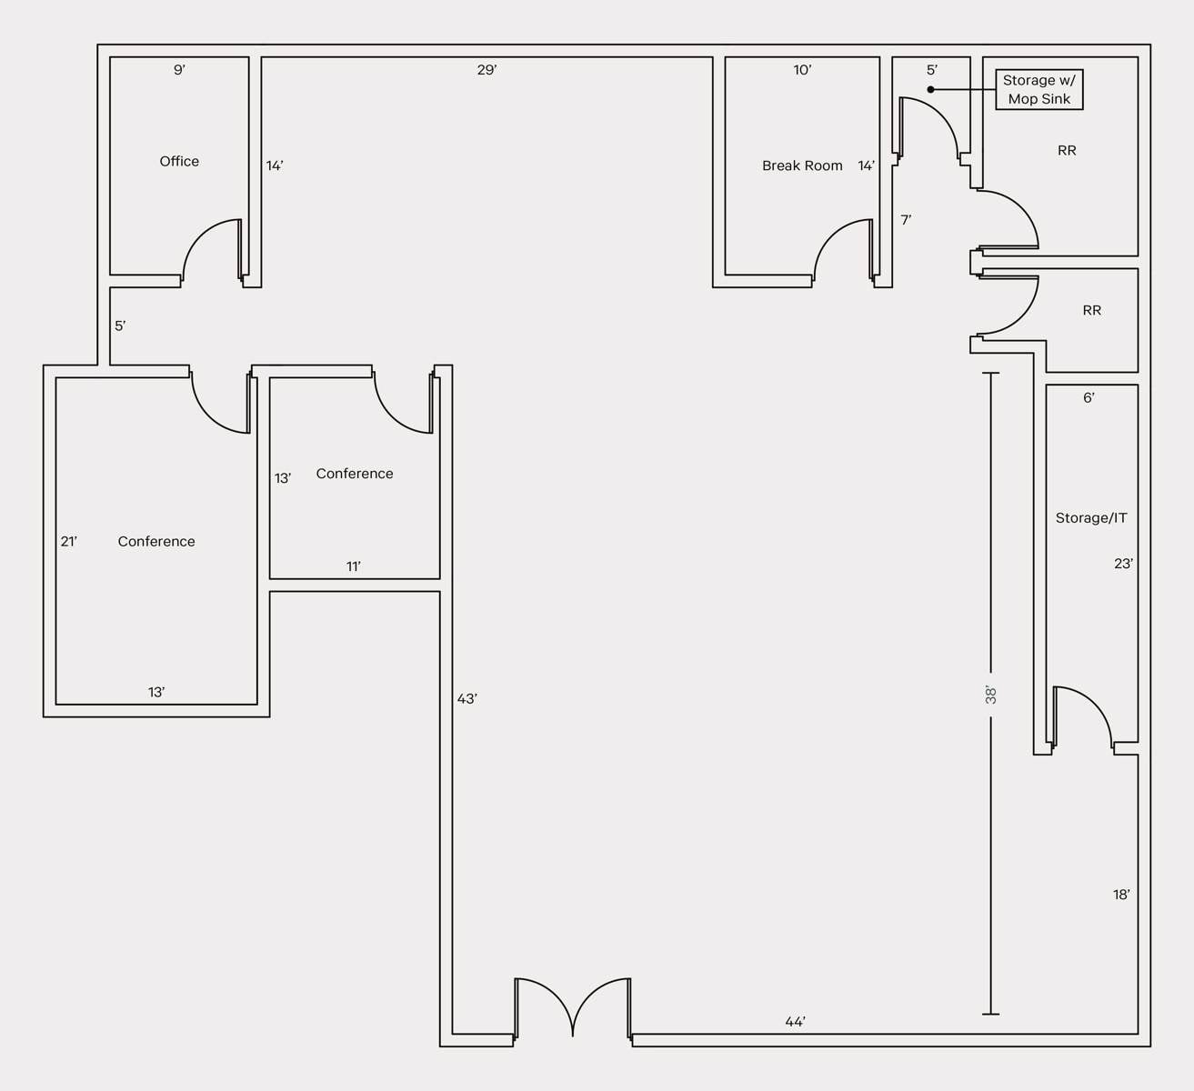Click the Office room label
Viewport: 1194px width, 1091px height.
(x=179, y=161)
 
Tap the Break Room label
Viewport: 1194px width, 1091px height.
(x=802, y=165)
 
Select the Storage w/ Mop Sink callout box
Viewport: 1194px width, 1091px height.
(x=1039, y=89)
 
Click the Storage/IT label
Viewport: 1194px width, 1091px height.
(x=1091, y=518)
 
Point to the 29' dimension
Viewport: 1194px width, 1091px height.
(x=487, y=70)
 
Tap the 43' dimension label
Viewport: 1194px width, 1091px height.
(x=467, y=699)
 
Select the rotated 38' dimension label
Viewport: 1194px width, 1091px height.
(x=990, y=695)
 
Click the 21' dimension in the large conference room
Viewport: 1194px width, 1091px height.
(x=68, y=541)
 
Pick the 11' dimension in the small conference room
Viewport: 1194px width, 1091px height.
(x=354, y=566)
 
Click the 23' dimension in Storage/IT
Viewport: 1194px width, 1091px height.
(x=1123, y=563)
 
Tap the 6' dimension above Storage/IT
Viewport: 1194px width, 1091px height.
(x=1089, y=397)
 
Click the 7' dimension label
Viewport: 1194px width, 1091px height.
(x=906, y=220)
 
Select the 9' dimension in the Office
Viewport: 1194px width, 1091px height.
(x=179, y=70)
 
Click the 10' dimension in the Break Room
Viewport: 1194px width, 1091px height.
(x=802, y=70)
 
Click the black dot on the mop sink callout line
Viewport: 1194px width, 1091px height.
(x=931, y=89)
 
